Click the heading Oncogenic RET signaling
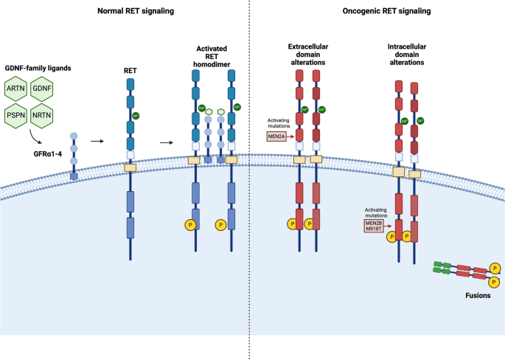coord(386,10)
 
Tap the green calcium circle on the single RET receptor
coord(136,116)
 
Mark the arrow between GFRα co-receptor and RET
coord(97,138)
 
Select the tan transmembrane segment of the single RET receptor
coord(130,168)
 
